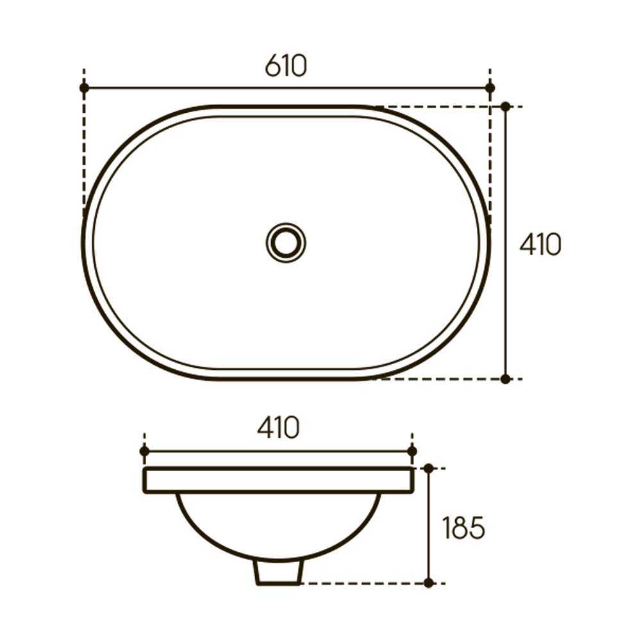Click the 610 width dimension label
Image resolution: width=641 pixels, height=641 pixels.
tap(286, 66)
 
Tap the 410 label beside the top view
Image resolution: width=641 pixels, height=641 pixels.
tap(540, 245)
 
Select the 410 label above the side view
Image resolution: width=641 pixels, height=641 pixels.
tap(278, 428)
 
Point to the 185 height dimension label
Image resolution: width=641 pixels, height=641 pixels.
tap(463, 528)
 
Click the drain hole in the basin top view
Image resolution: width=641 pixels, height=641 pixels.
tap(285, 243)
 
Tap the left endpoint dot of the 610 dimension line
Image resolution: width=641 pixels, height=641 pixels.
tap(84, 88)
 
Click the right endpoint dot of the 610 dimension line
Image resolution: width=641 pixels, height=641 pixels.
tap(490, 88)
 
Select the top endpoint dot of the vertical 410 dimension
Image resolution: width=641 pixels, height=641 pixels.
tap(506, 106)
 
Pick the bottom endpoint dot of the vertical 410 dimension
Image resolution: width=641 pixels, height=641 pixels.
tap(506, 379)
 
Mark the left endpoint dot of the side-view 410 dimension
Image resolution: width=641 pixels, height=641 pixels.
tap(144, 451)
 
